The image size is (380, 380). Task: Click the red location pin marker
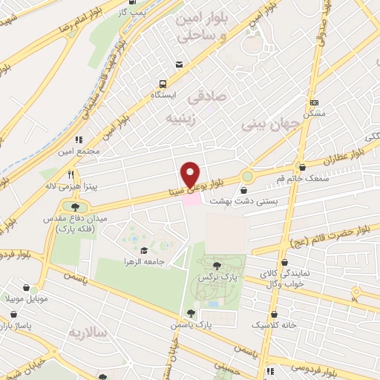click(191, 174)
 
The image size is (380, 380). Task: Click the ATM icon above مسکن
click(314, 102)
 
